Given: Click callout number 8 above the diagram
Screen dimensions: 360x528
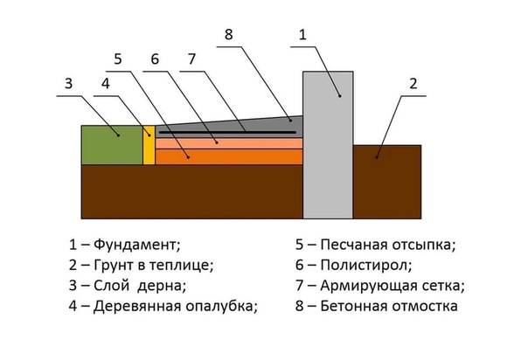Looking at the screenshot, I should click(x=229, y=35).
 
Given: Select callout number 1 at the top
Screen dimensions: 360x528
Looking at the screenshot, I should click(x=302, y=35).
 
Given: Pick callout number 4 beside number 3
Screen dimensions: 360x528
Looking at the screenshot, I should click(x=105, y=85).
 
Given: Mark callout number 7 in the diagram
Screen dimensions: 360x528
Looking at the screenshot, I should click(x=190, y=60).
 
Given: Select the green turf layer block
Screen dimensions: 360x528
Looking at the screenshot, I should click(x=112, y=144).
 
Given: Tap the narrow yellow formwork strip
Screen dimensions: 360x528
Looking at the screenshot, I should click(x=149, y=144).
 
